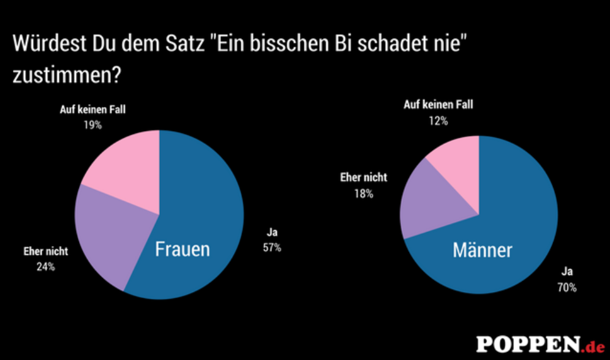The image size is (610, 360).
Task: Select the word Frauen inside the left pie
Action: pyautogui.click(x=182, y=249)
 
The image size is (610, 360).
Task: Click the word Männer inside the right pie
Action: pyautogui.click(x=483, y=250)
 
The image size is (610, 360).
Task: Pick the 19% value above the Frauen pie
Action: pyautogui.click(x=92, y=126)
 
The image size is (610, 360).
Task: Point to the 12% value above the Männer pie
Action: pyautogui.click(x=439, y=121)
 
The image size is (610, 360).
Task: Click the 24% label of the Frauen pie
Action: pyautogui.click(x=45, y=266)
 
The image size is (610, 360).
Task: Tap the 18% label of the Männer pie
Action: pyautogui.click(x=363, y=193)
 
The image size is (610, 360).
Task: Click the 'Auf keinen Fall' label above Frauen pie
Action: pyautogui.click(x=92, y=110)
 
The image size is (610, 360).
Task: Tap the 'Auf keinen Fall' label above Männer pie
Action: pyautogui.click(x=439, y=105)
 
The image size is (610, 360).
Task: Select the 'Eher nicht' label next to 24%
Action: pyautogui.click(x=45, y=251)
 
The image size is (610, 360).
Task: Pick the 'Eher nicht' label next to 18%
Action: pyautogui.click(x=363, y=178)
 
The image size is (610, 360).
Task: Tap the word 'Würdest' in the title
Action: pyautogui.click(x=47, y=44)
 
